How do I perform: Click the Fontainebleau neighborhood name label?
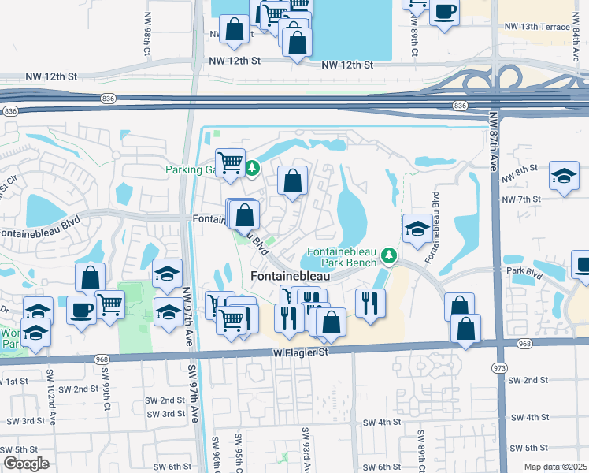pyautogui.click(x=290, y=276)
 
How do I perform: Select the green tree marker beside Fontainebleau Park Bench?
pyautogui.click(x=388, y=255)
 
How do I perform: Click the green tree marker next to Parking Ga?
pyautogui.click(x=252, y=168)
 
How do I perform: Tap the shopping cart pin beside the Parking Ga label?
pyautogui.click(x=230, y=163)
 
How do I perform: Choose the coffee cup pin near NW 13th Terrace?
pyautogui.click(x=445, y=12)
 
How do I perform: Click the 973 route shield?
pyautogui.click(x=498, y=367)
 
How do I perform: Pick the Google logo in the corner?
pyautogui.click(x=25, y=464)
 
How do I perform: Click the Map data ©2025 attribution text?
pyautogui.click(x=555, y=467)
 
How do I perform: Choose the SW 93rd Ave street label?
pyautogui.click(x=304, y=446)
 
